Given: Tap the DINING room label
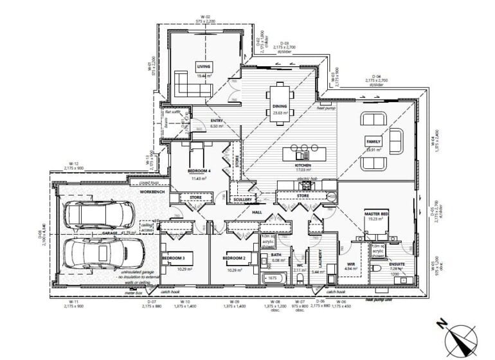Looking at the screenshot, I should [279, 106].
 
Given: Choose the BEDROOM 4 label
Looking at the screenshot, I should [200, 172].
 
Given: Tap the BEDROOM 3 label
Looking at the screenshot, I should [174, 258].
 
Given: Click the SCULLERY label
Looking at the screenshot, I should [242, 200].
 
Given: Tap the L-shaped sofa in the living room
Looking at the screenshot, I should [187, 84].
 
